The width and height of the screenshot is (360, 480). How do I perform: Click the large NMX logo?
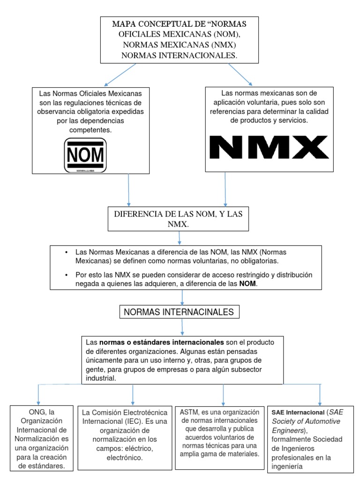tap(269, 147)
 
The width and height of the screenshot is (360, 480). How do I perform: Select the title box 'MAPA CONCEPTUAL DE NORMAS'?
tap(179, 39)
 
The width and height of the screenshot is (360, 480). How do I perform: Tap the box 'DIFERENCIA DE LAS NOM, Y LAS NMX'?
tap(178, 219)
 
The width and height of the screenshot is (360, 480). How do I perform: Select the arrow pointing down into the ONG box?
tap(38, 394)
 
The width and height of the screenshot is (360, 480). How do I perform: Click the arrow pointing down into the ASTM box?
tap(223, 394)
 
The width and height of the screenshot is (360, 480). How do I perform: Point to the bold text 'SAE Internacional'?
tap(297, 412)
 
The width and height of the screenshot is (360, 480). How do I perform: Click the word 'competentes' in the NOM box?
tap(90, 130)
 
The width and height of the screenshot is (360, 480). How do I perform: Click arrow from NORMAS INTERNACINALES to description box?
tap(182, 326)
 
